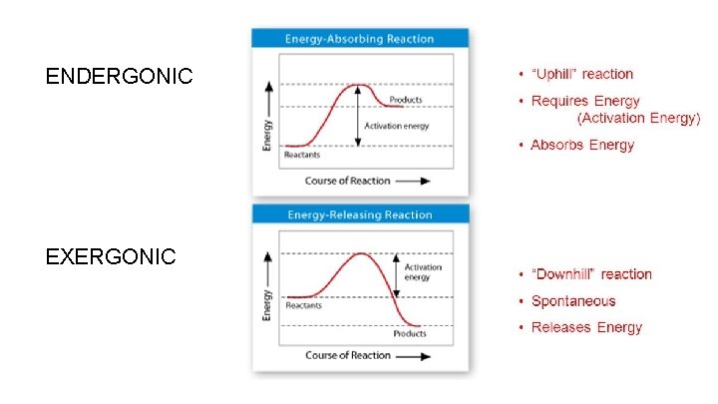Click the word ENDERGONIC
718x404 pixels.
pyautogui.click(x=119, y=76)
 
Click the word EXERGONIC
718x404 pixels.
pyautogui.click(x=111, y=257)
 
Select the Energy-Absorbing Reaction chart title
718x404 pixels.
pyautogui.click(x=360, y=39)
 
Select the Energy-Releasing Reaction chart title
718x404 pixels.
pyautogui.click(x=360, y=214)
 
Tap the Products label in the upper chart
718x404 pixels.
pyautogui.click(x=405, y=100)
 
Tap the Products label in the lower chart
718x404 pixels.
pyautogui.click(x=410, y=333)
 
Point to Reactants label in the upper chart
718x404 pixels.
pyautogui.click(x=302, y=155)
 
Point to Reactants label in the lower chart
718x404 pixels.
pyautogui.click(x=304, y=305)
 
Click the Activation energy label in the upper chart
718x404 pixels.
pyautogui.click(x=397, y=126)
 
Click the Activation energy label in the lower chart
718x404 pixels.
pyautogui.click(x=423, y=272)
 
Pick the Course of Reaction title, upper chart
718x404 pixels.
pyautogui.click(x=348, y=181)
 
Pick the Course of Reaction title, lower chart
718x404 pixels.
pyautogui.click(x=348, y=355)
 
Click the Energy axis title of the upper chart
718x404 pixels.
pyautogui.click(x=267, y=132)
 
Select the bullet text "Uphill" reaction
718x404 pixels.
pyautogui.click(x=582, y=74)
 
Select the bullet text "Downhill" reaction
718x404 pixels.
pyautogui.click(x=591, y=274)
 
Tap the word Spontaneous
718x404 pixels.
pyautogui.click(x=573, y=301)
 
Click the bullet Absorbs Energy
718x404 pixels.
pyautogui.click(x=582, y=146)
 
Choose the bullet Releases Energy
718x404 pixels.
pyautogui.click(x=586, y=327)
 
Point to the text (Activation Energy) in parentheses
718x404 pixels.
pyautogui.click(x=639, y=118)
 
